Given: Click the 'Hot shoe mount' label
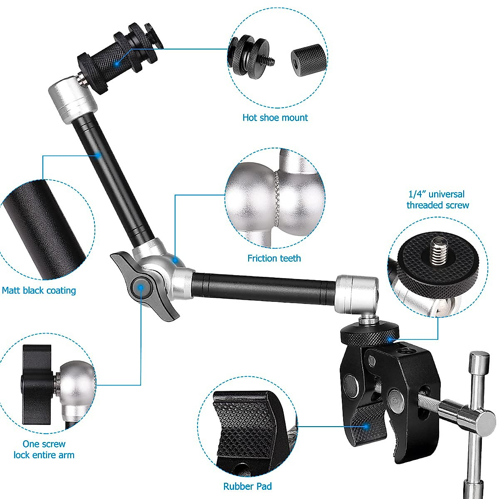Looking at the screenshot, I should pos(275,118).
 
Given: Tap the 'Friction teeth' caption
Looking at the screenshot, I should pos(274,258).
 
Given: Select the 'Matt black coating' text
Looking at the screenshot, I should pos(39,290).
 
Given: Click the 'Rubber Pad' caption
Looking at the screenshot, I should pos(247,486).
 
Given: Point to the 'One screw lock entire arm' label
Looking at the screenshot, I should pos(44,450).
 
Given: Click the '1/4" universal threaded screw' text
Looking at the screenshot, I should pos(437,200).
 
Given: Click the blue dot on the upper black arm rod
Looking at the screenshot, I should pos(99,155).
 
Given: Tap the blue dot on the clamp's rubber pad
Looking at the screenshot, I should pos(366,426).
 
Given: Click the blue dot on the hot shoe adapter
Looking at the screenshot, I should pos(117,63).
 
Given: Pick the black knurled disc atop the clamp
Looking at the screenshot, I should pos(370,333).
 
